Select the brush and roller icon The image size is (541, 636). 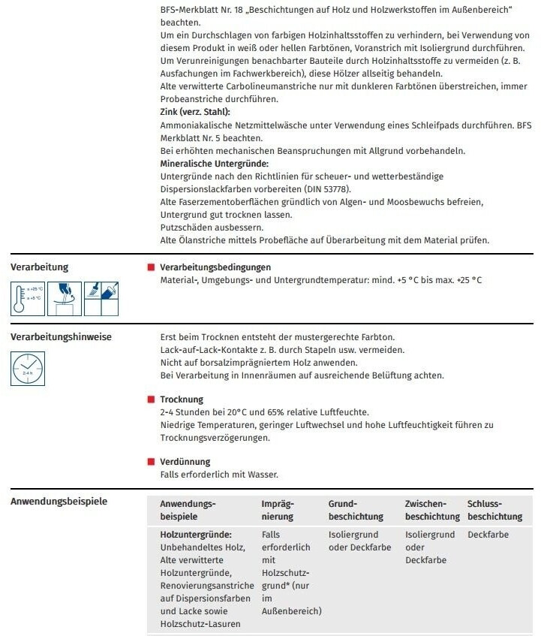pyautogui.click(x=100, y=292)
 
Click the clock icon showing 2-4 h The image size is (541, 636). pyautogui.click(x=28, y=369)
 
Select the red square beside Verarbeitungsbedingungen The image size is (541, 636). pyautogui.click(x=151, y=267)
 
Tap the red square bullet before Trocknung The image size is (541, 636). pyautogui.click(x=151, y=399)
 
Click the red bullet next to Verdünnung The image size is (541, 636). pyautogui.click(x=151, y=462)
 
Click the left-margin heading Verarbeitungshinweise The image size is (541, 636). pyautogui.click(x=61, y=337)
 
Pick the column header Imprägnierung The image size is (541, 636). pyautogui.click(x=278, y=511)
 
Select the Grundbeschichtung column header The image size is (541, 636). pyautogui.click(x=356, y=511)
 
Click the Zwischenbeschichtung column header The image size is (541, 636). pyautogui.click(x=431, y=511)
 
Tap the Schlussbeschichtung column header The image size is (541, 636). pyautogui.click(x=494, y=511)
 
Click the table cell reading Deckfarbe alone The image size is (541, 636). pyautogui.click(x=488, y=535)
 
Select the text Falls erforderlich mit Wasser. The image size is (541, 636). pyautogui.click(x=219, y=475)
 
